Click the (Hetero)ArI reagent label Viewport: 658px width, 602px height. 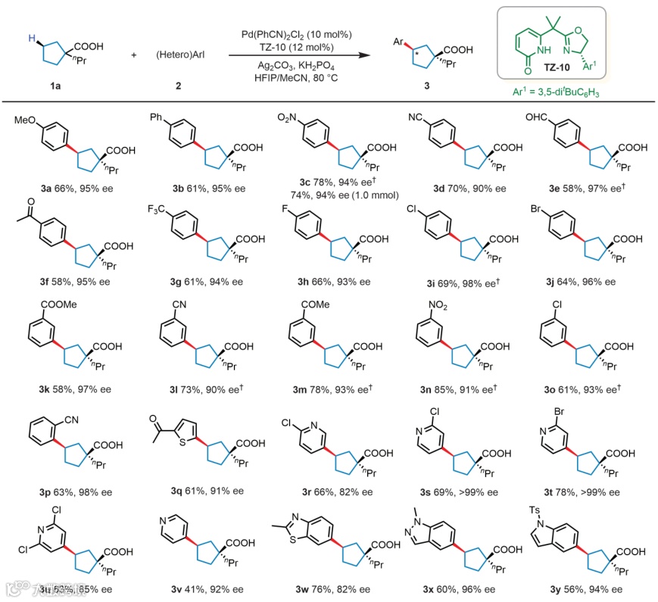[178, 55]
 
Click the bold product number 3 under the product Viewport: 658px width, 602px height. [426, 87]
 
